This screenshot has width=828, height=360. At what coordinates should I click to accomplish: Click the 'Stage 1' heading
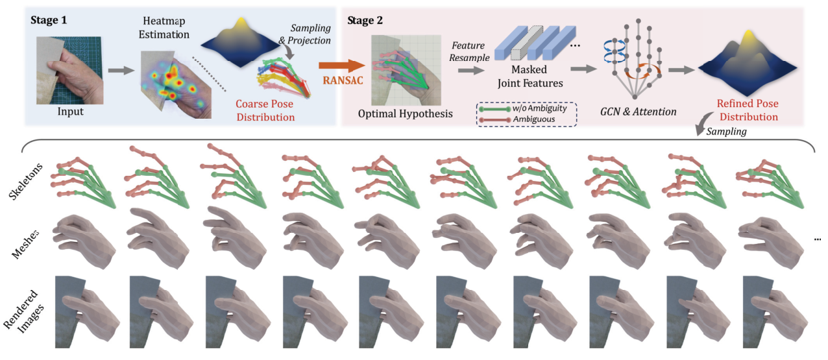pos(49,19)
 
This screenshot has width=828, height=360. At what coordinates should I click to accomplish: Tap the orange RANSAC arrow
pos(341,65)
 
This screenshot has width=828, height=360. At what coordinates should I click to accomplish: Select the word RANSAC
pos(342,81)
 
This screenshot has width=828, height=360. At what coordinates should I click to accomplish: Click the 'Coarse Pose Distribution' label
pos(265,111)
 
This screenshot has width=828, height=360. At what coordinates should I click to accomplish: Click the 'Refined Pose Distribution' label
pos(747,110)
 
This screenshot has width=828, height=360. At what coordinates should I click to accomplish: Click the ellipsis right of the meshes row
pos(818,240)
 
